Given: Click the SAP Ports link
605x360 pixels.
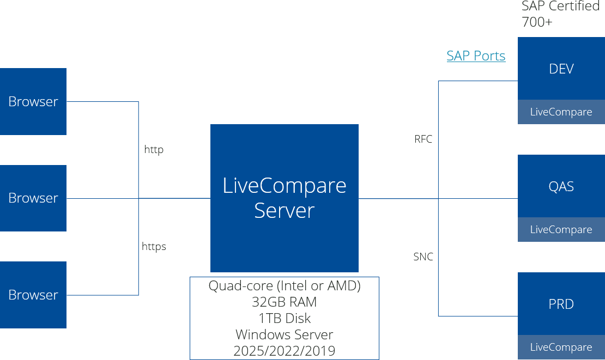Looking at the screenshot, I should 476,56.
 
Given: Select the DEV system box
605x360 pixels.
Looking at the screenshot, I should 561,69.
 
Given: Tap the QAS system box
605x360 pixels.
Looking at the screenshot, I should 561,186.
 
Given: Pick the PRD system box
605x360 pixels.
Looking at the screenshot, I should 561,304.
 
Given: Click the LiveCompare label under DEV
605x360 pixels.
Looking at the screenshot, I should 561,112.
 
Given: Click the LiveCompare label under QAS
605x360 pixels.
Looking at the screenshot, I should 561,230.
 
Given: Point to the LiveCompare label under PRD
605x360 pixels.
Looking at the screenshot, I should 561,347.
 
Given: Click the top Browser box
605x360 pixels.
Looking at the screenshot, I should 33,101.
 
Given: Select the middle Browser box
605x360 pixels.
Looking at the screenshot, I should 33,198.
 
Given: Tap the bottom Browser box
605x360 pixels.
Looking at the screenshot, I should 33,295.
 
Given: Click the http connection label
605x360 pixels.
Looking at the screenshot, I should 154,149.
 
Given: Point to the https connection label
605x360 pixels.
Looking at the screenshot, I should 154,246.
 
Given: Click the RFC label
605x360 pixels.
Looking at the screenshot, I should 423,139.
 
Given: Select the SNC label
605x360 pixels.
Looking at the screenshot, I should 423,257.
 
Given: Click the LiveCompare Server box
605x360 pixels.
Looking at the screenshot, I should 285,198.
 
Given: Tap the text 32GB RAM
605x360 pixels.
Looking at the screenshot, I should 285,302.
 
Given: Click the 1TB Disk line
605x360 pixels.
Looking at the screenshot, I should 285,318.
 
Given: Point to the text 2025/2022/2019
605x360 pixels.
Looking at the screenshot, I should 285,351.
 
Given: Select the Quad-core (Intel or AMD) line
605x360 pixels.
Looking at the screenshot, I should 285,286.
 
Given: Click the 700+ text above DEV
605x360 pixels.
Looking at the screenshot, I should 537,23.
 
